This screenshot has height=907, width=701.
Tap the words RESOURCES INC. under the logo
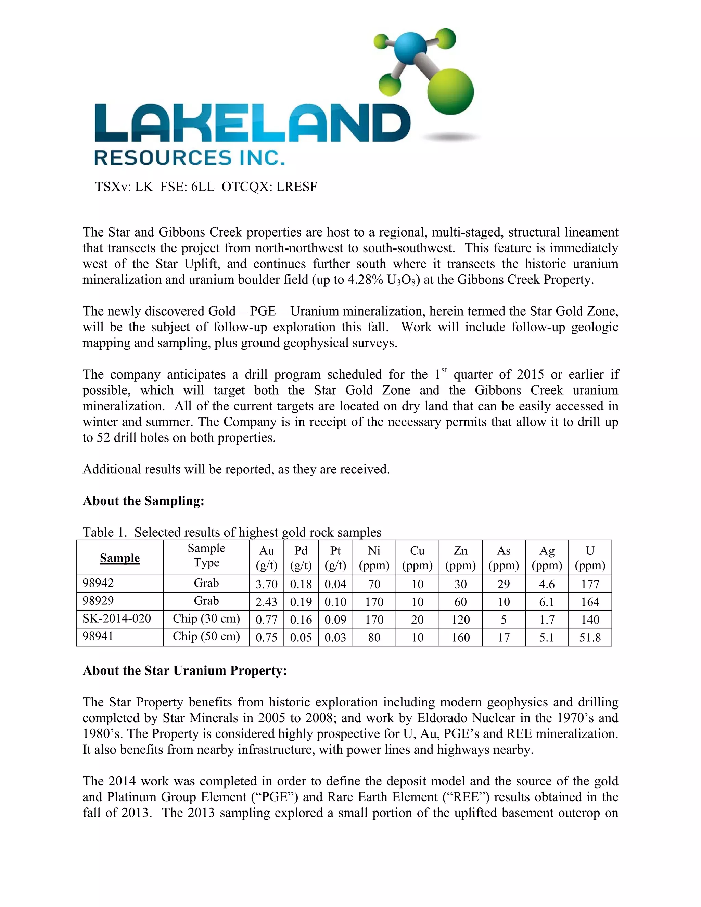(x=189, y=158)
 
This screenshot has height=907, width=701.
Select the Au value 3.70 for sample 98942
(x=266, y=584)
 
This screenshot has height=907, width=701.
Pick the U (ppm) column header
(x=590, y=558)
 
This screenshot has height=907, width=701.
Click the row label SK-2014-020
(x=117, y=618)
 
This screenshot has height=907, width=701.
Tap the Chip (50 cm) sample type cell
(x=206, y=636)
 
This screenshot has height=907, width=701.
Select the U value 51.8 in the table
(x=590, y=638)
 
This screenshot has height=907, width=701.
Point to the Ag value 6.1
(x=547, y=602)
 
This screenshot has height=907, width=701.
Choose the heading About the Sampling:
(x=143, y=501)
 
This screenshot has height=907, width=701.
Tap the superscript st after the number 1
(x=444, y=369)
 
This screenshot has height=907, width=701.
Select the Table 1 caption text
(x=232, y=533)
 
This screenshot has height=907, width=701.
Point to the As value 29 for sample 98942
(x=503, y=584)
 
